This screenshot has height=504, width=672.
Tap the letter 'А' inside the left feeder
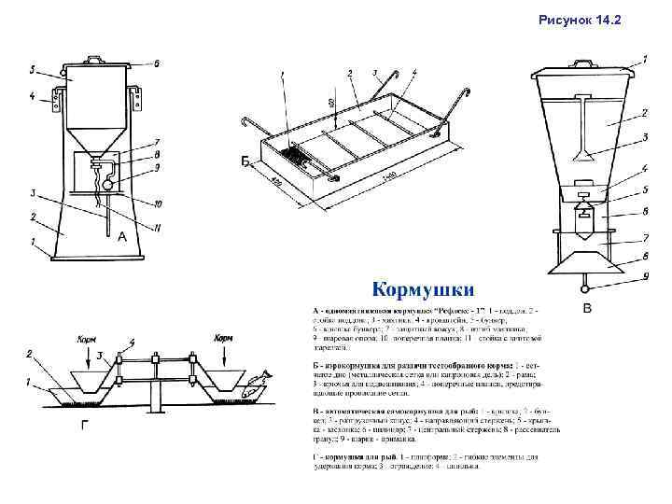click(122, 237)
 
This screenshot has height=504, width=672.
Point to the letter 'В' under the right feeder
click(586, 307)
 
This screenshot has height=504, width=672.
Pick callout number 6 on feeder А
click(156, 63)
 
